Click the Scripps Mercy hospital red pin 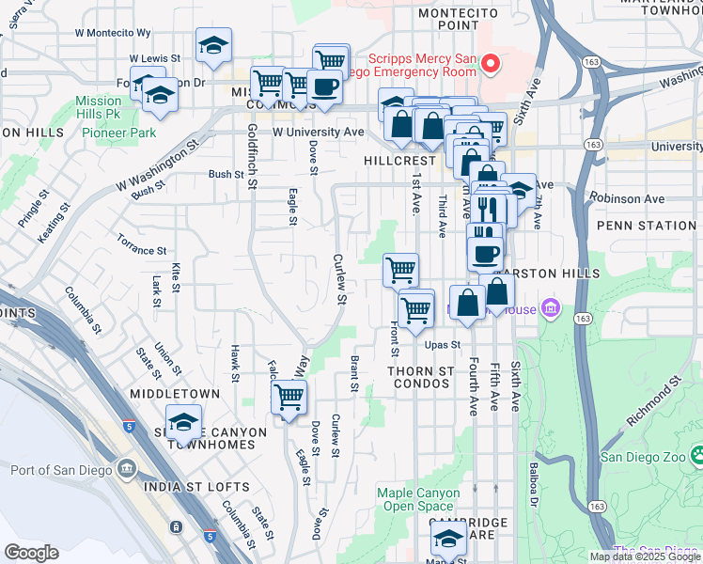pos(490,64)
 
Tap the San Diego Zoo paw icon pos(696,457)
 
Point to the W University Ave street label pos(318,133)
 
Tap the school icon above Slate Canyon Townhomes pos(183,422)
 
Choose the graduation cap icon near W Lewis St pos(213,44)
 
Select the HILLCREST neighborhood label pos(399,161)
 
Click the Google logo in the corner pos(31,553)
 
